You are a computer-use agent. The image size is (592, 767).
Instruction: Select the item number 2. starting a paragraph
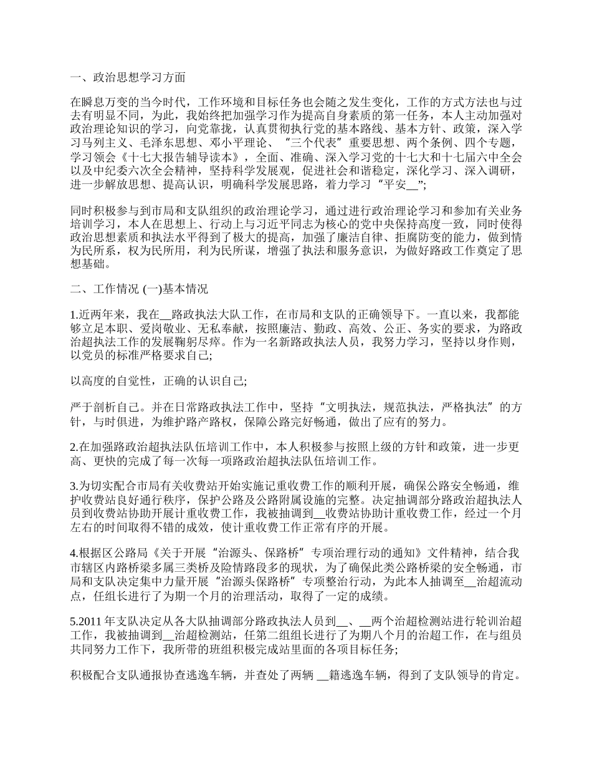[x=75, y=447]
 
